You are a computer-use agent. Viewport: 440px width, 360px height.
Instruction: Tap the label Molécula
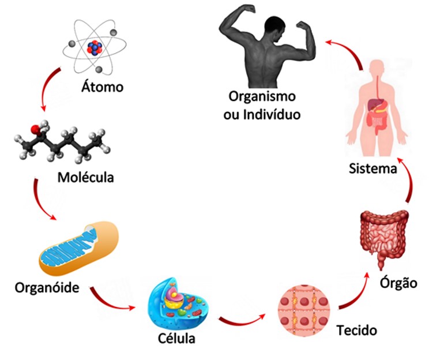coord(85,177)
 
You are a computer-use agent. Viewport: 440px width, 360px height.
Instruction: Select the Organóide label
coord(47,287)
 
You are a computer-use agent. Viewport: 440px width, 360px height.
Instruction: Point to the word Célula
coord(176,338)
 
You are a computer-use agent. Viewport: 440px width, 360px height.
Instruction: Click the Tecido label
coord(356,330)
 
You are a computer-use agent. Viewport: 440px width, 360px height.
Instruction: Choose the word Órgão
coord(398,282)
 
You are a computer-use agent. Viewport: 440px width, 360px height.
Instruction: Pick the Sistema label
coord(373,168)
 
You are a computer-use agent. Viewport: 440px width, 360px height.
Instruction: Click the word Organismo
coord(262,96)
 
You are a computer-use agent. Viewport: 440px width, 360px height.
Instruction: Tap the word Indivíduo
coord(272,114)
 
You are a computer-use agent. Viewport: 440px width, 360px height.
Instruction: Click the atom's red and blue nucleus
coord(95,48)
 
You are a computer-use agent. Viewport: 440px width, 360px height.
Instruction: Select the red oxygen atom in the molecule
coord(35,129)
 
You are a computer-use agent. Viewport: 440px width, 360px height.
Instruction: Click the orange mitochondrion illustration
coord(78,248)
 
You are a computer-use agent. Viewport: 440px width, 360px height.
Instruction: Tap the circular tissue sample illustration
coord(304,310)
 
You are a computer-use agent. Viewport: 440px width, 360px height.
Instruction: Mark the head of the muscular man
coord(275,29)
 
